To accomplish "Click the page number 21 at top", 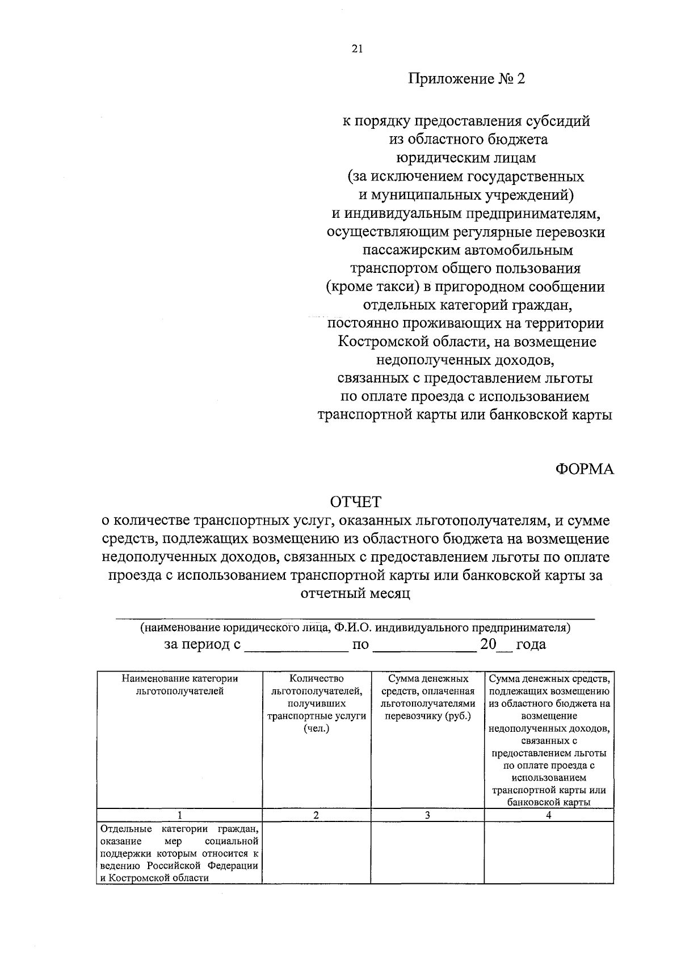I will click(x=356, y=49).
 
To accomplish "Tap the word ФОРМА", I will click(x=584, y=469).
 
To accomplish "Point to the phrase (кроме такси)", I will click(x=372, y=286).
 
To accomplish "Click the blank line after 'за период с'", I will click(x=296, y=645).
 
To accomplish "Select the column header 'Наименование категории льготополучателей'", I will click(x=179, y=685).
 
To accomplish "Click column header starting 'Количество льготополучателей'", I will click(x=316, y=703).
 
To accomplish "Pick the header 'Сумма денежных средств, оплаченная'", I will click(x=427, y=697).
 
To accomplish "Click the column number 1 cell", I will click(x=179, y=815).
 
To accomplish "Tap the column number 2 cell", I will click(x=316, y=815).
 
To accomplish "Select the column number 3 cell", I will click(x=427, y=815).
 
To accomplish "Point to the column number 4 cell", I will click(x=549, y=815).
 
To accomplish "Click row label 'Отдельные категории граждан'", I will click(x=179, y=853).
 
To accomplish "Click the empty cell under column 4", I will click(x=549, y=853).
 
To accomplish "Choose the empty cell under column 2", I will click(x=316, y=853).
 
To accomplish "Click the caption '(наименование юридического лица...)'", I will click(x=355, y=628).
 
